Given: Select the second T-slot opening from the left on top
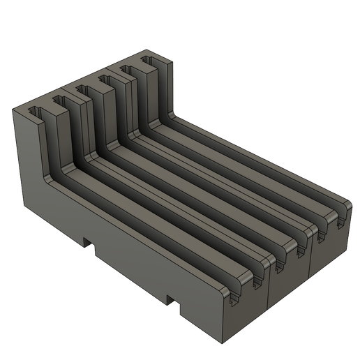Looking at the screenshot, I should [59, 100].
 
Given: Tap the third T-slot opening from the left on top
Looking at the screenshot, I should [82, 89].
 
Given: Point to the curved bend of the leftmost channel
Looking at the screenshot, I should [58, 169].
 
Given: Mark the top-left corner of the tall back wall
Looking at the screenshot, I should [15, 109].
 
